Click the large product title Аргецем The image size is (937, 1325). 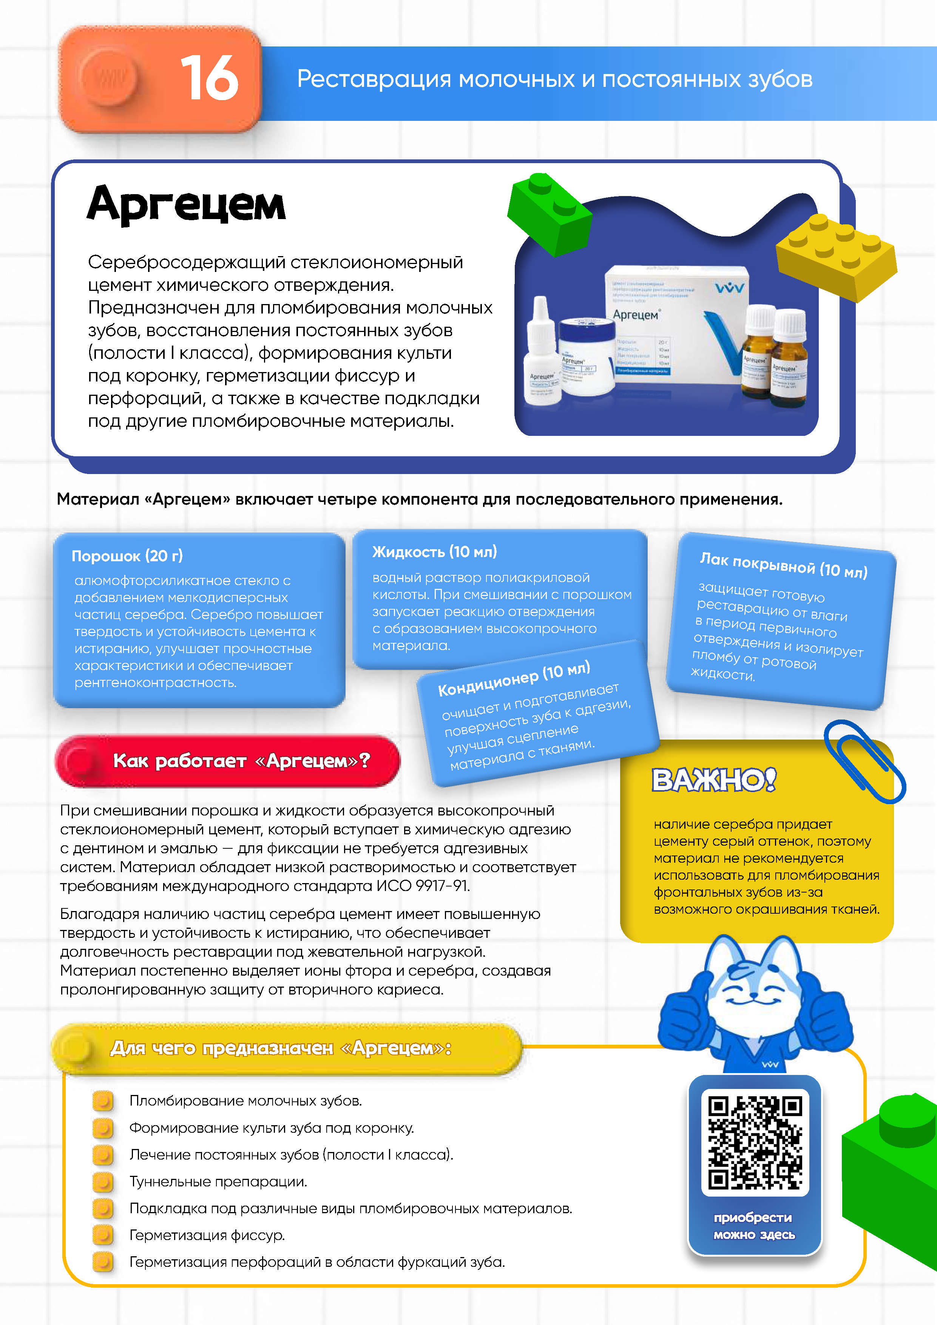coord(186,205)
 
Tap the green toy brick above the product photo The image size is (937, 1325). coord(549,213)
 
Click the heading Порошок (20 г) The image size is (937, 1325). coord(127,556)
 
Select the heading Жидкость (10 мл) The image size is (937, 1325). coord(434,552)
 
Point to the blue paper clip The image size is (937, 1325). coord(864,761)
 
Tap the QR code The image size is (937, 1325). coord(755,1142)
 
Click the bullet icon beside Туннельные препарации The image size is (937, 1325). coord(103,1182)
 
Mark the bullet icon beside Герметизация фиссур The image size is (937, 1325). coord(103,1235)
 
